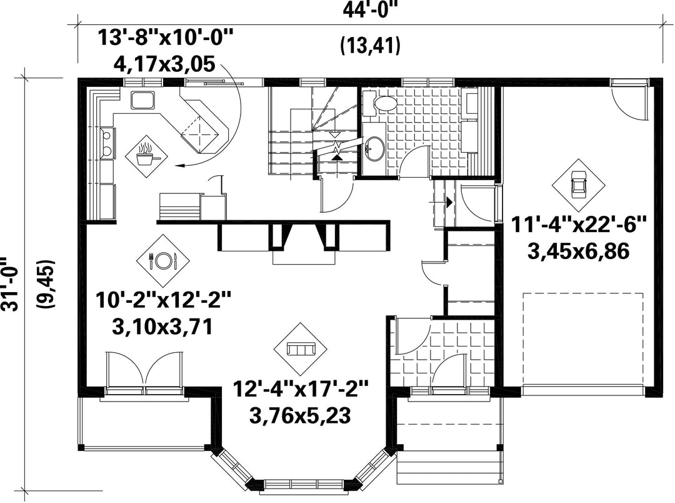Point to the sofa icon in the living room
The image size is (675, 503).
(301, 348)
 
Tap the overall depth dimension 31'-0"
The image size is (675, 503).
(9, 283)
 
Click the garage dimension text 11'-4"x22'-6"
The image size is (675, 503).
(579, 225)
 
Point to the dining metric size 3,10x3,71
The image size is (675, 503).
(162, 327)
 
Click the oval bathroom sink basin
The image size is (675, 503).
(374, 149)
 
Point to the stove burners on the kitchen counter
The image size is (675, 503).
(107, 142)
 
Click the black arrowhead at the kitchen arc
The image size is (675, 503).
(179, 165)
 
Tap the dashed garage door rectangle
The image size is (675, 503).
(583, 339)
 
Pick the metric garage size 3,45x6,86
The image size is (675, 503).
(579, 251)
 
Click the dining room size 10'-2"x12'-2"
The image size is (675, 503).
(163, 300)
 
